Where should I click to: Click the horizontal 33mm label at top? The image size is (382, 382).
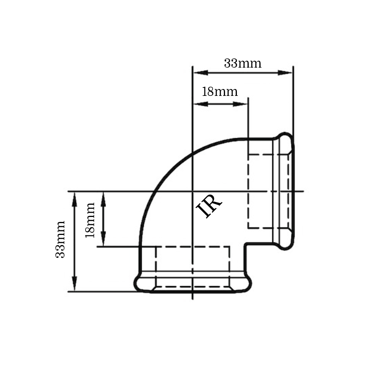[x=243, y=63]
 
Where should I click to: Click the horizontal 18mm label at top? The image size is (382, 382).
[x=220, y=92]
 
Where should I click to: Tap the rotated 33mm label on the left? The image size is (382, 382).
[x=60, y=240]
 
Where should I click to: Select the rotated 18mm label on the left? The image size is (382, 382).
[x=89, y=220]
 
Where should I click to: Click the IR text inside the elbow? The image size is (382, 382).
[x=209, y=206]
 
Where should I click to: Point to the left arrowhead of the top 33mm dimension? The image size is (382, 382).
[x=201, y=73]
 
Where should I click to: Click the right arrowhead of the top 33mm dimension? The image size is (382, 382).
[x=285, y=73]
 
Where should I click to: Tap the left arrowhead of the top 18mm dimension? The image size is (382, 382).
[x=201, y=104]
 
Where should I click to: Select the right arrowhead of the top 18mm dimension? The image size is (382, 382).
[x=240, y=104]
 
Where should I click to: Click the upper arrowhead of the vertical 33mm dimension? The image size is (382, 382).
[x=74, y=199]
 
